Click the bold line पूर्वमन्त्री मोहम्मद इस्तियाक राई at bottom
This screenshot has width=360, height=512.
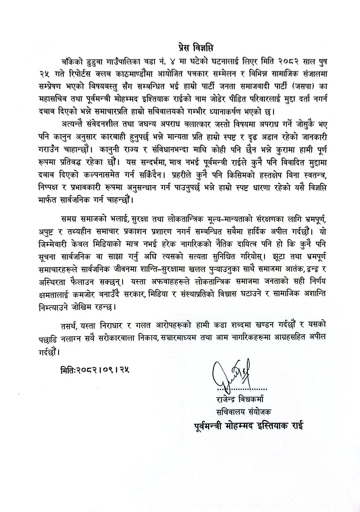pyautogui.click(x=248, y=427)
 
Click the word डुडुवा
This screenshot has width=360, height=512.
pyautogui.click(x=95, y=61)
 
